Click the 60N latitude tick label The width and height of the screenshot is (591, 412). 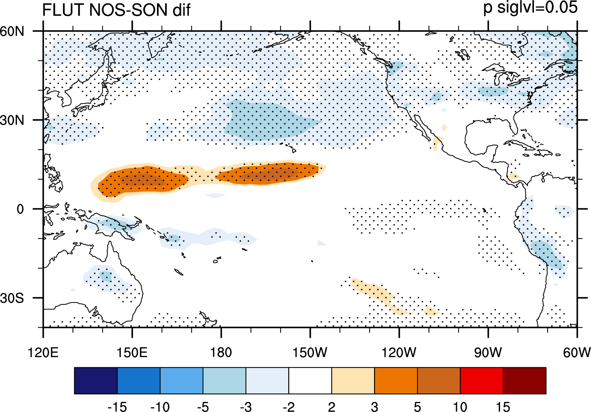coord(12,32)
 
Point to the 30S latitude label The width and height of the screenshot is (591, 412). coord(12,298)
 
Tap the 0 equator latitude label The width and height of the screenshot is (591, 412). coord(20,209)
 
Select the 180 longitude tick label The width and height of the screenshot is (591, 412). coord(221,353)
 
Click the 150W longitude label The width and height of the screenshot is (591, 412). coord(310,353)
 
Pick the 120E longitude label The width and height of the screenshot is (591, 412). coord(43,353)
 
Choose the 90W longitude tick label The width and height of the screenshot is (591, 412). coord(488,353)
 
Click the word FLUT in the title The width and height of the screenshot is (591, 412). coord(62,10)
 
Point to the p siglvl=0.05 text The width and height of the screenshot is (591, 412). coord(530,7)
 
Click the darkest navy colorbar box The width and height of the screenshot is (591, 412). coord(96,380)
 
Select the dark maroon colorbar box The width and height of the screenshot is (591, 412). coord(525,380)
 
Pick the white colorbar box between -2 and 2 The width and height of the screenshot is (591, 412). coord(310,380)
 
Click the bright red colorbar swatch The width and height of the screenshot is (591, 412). coord(482,380)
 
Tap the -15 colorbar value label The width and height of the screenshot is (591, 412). coord(117,407)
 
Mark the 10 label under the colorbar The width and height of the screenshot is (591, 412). coord(460,407)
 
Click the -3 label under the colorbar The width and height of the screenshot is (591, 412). coord(246,407)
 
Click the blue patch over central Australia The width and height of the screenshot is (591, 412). coord(105,276)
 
